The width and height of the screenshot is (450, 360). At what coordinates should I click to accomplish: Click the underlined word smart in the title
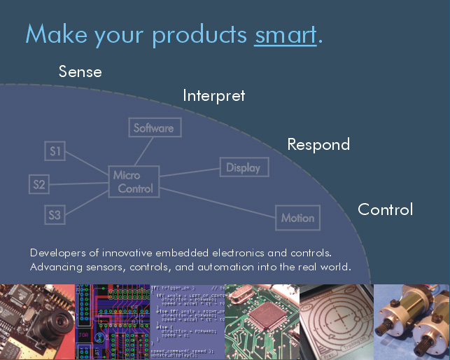tap(286, 34)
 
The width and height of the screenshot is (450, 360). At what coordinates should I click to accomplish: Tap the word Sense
tap(80, 71)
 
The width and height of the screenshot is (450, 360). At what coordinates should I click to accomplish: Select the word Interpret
tap(214, 95)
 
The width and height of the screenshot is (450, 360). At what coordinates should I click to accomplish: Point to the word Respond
tap(318, 145)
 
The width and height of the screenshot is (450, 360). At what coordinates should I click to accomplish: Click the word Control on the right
tap(386, 209)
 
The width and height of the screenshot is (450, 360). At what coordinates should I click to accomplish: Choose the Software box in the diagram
tap(153, 128)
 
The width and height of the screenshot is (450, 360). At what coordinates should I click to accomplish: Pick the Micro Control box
tap(135, 182)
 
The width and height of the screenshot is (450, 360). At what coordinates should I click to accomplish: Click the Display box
tap(244, 167)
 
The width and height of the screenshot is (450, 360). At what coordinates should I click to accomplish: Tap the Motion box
tap(298, 218)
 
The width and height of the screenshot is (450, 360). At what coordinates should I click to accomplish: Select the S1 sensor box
tap(55, 151)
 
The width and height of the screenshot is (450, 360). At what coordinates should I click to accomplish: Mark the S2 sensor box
tap(39, 185)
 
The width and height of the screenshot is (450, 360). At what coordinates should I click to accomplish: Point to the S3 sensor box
tap(55, 215)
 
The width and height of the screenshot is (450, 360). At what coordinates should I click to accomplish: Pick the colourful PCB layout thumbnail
tap(113, 322)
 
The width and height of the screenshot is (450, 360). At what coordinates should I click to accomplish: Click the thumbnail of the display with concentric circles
tap(336, 322)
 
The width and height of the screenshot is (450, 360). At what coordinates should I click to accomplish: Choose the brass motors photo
tap(412, 322)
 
